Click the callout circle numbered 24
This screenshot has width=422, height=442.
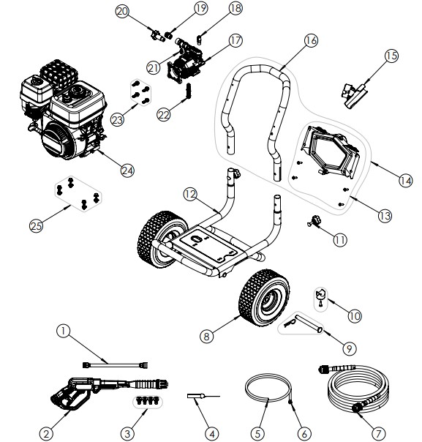pos(128,171)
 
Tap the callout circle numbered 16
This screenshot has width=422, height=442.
pos(310,41)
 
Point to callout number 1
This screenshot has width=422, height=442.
pos(65,331)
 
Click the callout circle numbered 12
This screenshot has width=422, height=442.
pos(190,195)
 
